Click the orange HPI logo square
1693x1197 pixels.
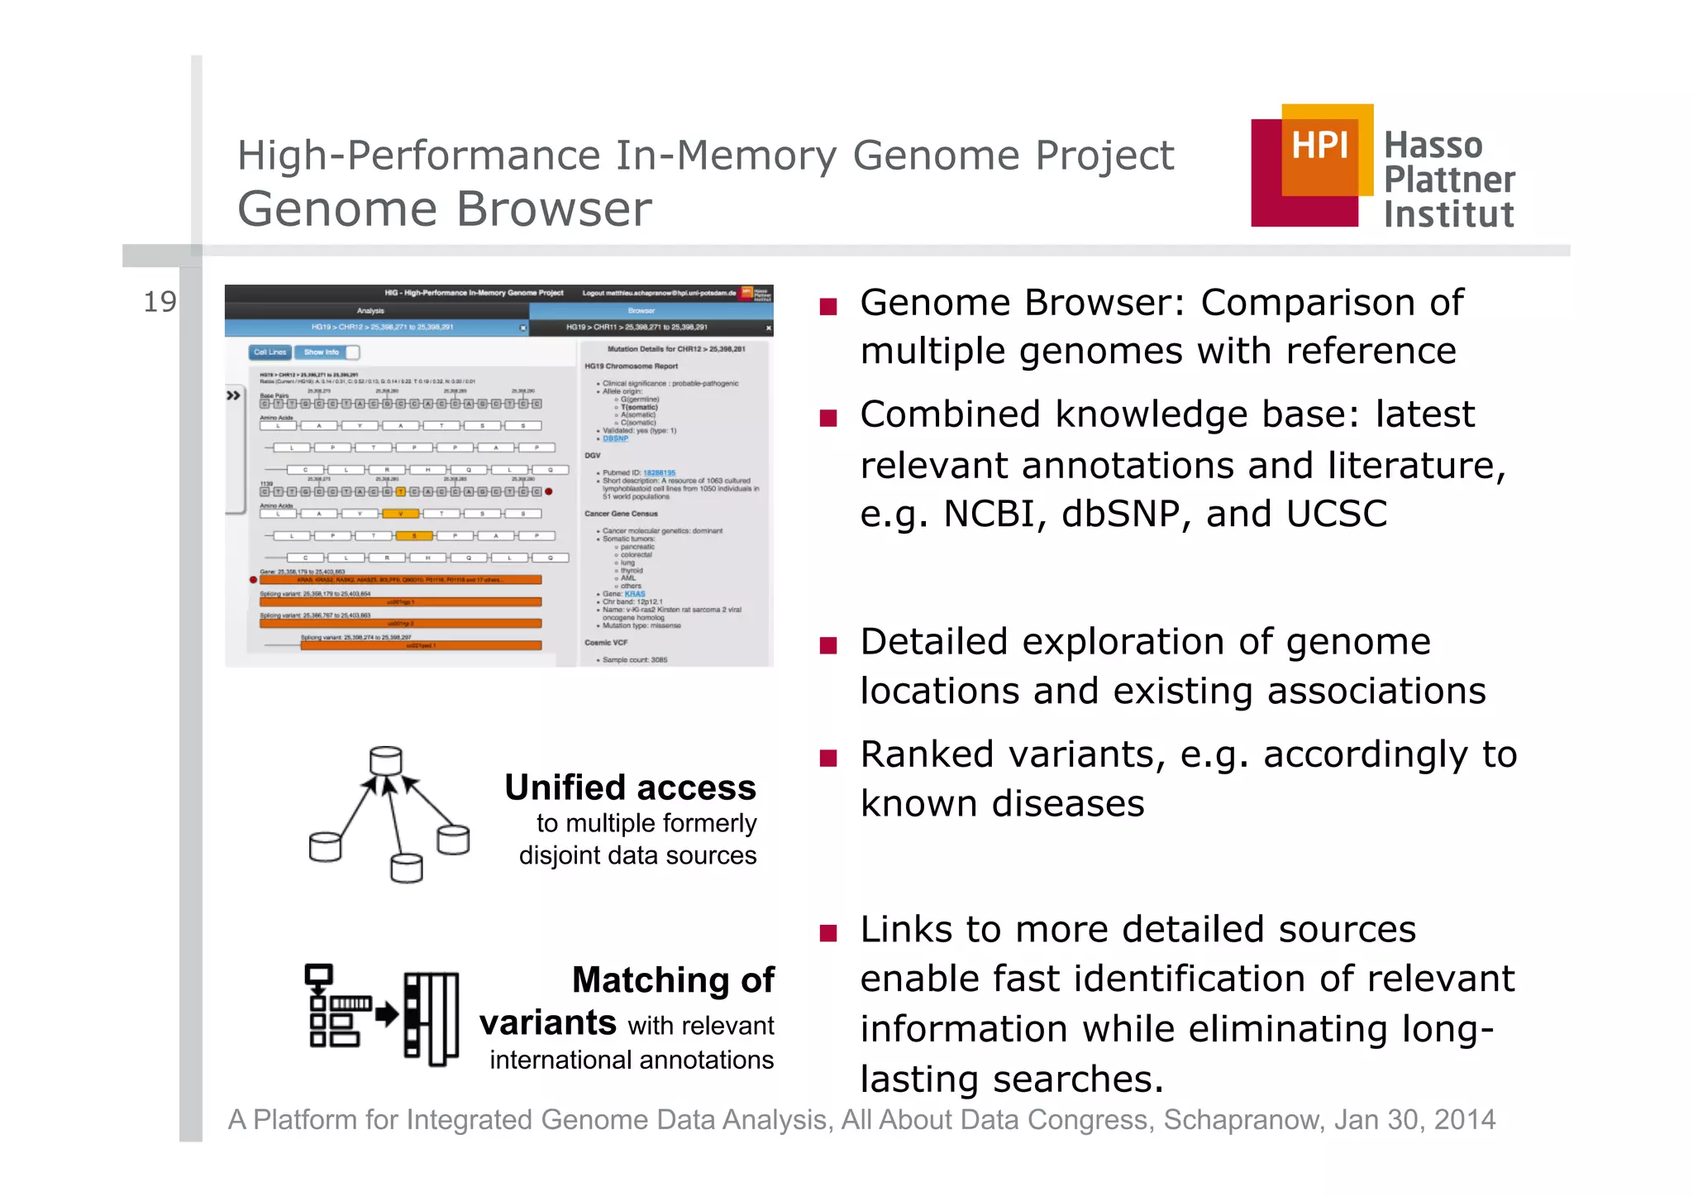point(1320,149)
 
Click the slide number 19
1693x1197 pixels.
point(160,303)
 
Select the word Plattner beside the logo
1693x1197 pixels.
point(1449,180)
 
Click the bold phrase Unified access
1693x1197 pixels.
point(630,788)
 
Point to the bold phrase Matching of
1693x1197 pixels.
point(673,980)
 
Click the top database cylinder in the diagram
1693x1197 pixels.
point(386,760)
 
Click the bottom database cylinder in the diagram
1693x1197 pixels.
point(406,869)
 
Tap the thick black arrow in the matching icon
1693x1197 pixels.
point(386,1014)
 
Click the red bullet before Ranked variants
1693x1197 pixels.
point(828,758)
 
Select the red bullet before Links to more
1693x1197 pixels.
point(828,933)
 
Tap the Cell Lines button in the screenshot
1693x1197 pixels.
point(269,352)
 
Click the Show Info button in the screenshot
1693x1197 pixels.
point(322,352)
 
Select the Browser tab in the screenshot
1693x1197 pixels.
point(641,311)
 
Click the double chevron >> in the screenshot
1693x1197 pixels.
point(234,395)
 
